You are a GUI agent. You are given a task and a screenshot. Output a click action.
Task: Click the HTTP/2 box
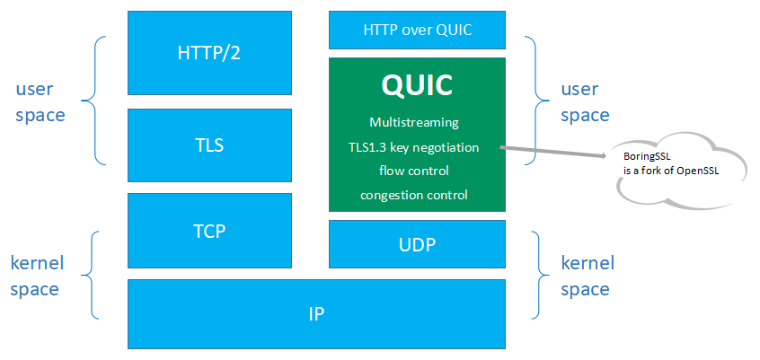click(209, 52)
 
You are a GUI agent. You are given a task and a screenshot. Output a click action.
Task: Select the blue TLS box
click(209, 144)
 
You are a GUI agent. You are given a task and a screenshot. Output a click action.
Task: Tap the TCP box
click(209, 230)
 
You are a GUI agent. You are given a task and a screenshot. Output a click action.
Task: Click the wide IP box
click(315, 314)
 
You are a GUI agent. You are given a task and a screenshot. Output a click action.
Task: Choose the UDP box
click(417, 244)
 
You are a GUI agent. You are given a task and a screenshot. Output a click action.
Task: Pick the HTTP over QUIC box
click(417, 30)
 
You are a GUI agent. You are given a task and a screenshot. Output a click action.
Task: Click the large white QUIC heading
click(417, 85)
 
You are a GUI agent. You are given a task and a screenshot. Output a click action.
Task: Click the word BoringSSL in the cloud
click(647, 156)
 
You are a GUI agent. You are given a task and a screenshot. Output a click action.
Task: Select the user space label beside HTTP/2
click(40, 102)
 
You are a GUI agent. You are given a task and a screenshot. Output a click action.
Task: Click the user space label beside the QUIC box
click(585, 102)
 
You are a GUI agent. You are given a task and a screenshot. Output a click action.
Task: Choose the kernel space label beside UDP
click(587, 276)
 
